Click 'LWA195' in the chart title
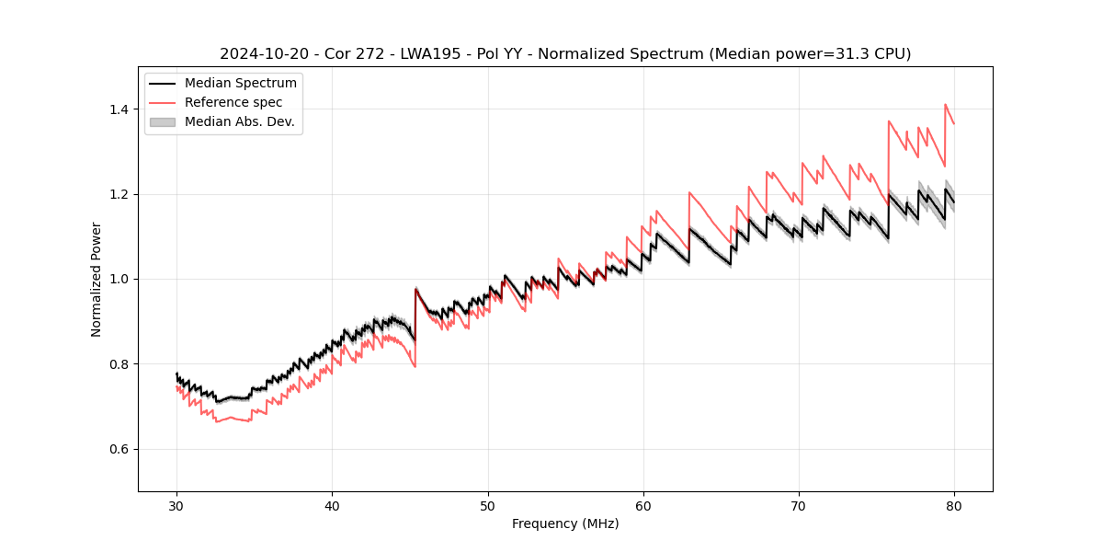(419, 54)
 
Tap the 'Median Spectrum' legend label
(241, 84)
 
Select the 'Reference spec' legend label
(233, 102)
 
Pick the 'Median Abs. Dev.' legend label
(240, 121)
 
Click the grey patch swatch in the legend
(162, 121)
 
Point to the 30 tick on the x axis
(176, 505)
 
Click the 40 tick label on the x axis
(332, 505)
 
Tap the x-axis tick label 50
(487, 505)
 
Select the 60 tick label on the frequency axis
(643, 505)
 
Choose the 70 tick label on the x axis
(799, 505)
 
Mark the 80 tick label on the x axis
(954, 505)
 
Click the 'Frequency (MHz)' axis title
(565, 523)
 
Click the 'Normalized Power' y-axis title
(97, 279)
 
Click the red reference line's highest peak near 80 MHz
(945, 105)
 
